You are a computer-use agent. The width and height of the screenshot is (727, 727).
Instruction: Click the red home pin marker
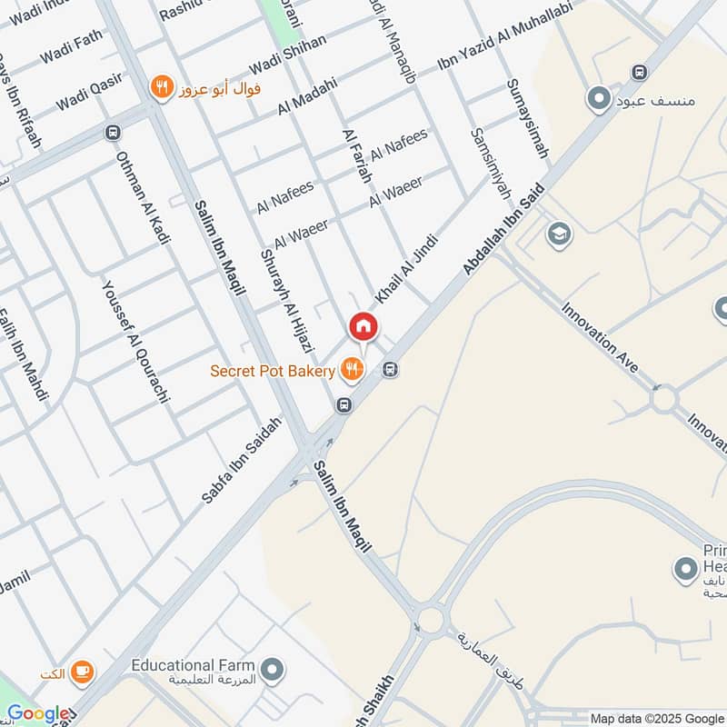click(363, 325)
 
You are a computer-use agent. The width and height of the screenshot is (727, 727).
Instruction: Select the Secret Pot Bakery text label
click(273, 371)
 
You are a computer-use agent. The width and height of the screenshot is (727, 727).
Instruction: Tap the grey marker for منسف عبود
click(599, 98)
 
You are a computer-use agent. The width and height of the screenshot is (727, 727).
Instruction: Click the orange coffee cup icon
click(81, 672)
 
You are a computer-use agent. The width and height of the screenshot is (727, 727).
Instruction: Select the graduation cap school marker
click(559, 235)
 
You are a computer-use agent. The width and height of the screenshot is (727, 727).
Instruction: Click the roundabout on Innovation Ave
click(664, 398)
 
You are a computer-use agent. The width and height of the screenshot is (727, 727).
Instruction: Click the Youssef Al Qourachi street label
click(135, 342)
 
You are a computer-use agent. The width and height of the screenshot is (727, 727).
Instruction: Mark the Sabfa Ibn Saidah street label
click(242, 461)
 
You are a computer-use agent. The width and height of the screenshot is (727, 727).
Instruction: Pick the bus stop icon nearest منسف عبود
click(640, 73)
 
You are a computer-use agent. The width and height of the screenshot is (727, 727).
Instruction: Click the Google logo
click(37, 714)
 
